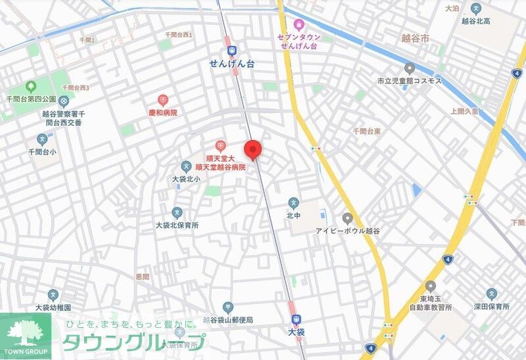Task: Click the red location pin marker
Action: (253, 150)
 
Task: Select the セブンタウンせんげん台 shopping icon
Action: (299, 24)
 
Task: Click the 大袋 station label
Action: (297, 332)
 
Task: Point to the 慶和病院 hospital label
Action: (162, 113)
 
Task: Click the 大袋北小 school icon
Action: (187, 166)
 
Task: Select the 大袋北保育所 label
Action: (177, 225)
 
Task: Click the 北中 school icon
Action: (293, 202)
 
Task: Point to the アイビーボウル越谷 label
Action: (347, 231)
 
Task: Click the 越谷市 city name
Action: (414, 39)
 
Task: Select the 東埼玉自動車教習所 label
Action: (431, 302)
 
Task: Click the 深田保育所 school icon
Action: (491, 294)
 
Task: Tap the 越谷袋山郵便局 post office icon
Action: (227, 307)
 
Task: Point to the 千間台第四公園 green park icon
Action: (30, 87)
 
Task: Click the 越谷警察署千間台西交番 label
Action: (58, 118)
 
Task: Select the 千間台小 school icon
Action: (43, 139)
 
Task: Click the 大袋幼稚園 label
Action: (53, 307)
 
